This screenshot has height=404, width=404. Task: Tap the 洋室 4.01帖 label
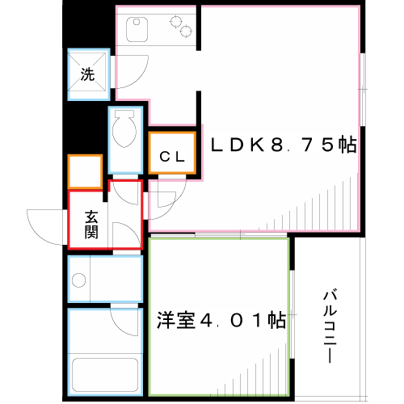[221, 320]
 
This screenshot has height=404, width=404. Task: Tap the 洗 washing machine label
[86, 75]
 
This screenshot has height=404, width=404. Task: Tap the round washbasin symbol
[79, 280]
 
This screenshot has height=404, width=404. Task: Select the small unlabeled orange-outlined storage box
[84, 171]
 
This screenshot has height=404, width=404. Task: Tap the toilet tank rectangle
[126, 114]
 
